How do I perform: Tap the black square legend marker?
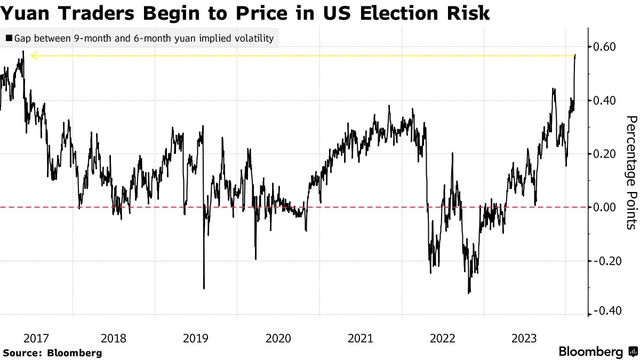9,38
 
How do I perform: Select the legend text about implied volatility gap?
143,38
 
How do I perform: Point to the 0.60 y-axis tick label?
605,47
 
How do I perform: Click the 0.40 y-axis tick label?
605,100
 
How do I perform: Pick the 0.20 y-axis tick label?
605,154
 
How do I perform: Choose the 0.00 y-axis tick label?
605,207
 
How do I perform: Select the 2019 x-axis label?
196,338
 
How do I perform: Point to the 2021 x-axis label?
360,338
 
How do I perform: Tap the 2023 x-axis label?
524,338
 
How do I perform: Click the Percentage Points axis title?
631,172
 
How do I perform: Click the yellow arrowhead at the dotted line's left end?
34,55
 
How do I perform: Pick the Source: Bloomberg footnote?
52,353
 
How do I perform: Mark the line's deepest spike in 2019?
204,288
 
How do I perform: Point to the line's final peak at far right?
575,55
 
